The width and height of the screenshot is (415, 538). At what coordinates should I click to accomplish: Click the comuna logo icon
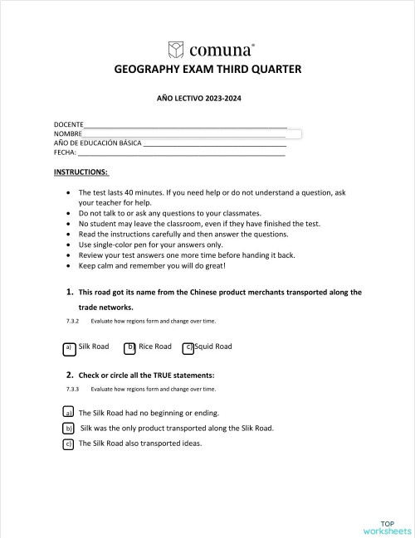click(175, 48)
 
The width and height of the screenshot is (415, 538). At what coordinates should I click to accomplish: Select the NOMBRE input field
click(191, 133)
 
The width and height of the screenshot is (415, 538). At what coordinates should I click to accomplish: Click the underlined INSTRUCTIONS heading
click(81, 172)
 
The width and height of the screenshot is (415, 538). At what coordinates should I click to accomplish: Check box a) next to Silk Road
click(69, 347)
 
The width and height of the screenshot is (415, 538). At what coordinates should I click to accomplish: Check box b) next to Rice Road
click(129, 347)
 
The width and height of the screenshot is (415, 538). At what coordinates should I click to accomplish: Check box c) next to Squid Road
click(188, 347)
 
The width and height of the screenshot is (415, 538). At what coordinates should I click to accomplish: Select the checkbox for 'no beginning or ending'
click(68, 412)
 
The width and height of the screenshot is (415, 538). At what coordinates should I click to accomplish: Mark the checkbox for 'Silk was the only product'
click(68, 428)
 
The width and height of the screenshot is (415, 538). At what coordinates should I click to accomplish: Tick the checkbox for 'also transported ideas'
click(68, 443)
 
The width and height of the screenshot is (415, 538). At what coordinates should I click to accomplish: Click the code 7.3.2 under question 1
click(72, 321)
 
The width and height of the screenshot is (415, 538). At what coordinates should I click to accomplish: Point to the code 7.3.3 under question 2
click(72, 389)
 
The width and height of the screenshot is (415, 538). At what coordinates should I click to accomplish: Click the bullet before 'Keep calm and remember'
click(68, 266)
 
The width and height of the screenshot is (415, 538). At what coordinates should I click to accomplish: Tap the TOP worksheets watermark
click(387, 526)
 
